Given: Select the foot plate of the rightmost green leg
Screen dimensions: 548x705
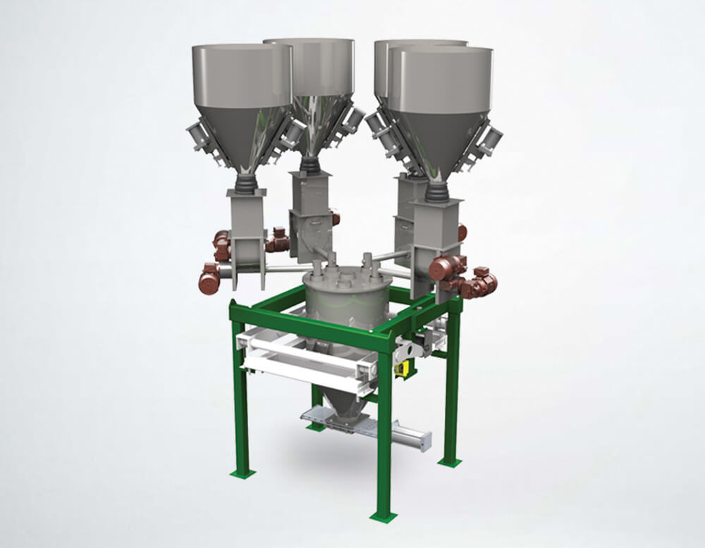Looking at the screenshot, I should coord(449,462).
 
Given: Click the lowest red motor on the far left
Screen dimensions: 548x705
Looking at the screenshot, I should coord(209,280).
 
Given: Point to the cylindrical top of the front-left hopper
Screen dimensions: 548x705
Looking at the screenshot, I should coord(242,74).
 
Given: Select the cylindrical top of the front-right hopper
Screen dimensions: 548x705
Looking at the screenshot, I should coord(441,77).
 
